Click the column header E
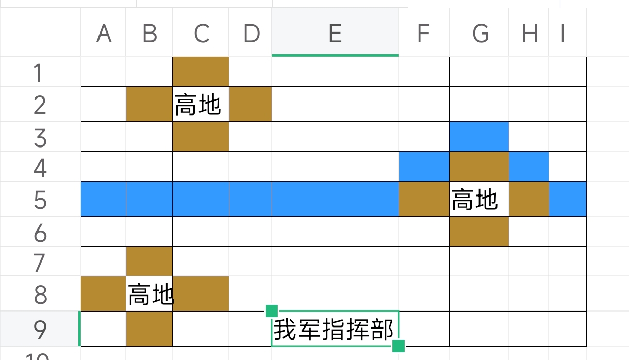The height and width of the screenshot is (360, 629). coord(335,32)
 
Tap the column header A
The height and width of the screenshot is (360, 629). coord(103,32)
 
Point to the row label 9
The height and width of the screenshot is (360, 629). coord(40,329)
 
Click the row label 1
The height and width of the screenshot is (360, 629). coord(40,72)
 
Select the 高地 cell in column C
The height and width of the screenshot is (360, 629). coord(201,104)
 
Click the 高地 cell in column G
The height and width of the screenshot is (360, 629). coord(479,199)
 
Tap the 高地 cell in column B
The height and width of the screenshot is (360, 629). coord(149,294)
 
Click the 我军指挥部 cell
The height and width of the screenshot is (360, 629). coord(335,329)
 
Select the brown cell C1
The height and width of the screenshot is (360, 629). coord(201,72)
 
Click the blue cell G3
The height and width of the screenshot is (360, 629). coord(479,137)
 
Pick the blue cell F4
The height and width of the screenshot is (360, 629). coord(424,167)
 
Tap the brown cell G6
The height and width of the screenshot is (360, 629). coord(479,232)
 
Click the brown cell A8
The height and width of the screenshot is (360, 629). coord(103,294)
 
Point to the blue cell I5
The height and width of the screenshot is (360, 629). coord(568,199)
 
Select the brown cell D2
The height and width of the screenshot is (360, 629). coord(251,104)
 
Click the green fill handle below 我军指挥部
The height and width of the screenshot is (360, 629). coord(398,346)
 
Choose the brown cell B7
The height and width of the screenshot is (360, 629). coord(149,261)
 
